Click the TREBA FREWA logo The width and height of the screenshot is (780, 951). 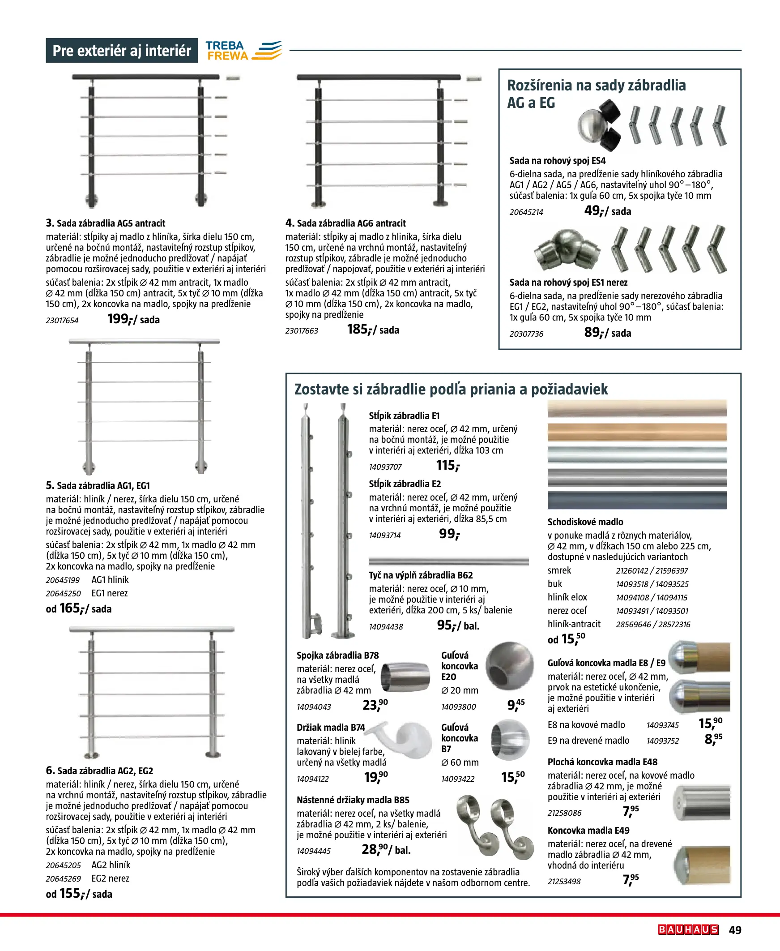[x=243, y=50]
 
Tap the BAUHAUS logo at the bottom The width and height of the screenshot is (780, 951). [x=688, y=930]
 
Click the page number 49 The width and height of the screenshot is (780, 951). [x=735, y=930]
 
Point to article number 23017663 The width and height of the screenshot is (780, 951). [x=302, y=331]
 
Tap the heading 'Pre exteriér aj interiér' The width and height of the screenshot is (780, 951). [x=122, y=50]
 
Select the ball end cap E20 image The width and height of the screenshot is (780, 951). [x=510, y=666]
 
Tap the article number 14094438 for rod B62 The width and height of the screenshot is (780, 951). [x=386, y=626]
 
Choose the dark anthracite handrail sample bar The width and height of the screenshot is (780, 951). [x=637, y=500]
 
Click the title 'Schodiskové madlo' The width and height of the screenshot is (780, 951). [x=585, y=522]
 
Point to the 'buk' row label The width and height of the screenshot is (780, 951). [x=555, y=583]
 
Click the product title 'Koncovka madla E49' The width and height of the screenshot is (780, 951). [x=588, y=830]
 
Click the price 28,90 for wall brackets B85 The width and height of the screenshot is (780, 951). [x=374, y=849]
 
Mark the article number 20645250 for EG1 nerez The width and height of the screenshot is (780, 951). [x=64, y=593]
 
